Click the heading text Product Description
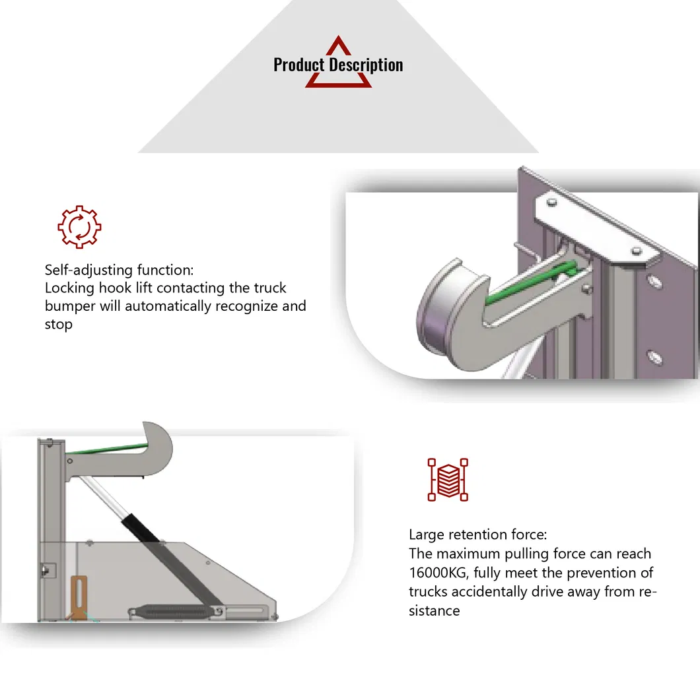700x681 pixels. coord(337,65)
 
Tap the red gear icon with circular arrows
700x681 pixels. coord(79,226)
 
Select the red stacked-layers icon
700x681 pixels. coord(448,479)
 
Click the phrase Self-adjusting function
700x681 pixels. coord(118,270)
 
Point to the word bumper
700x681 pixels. coord(69,306)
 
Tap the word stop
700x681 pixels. coord(58,325)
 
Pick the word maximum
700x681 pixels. coord(471,554)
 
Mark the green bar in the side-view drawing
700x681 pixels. coord(106,450)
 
